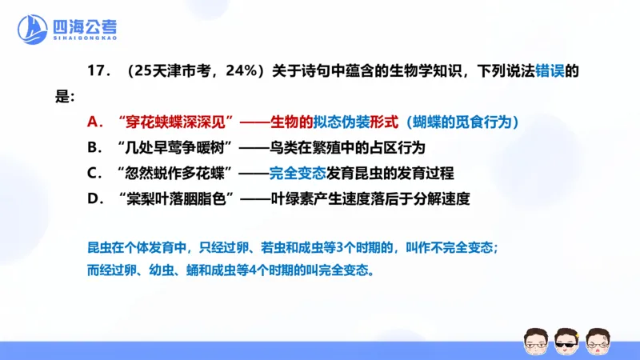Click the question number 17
[x=96, y=72]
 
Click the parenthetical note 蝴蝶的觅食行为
[x=464, y=122]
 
